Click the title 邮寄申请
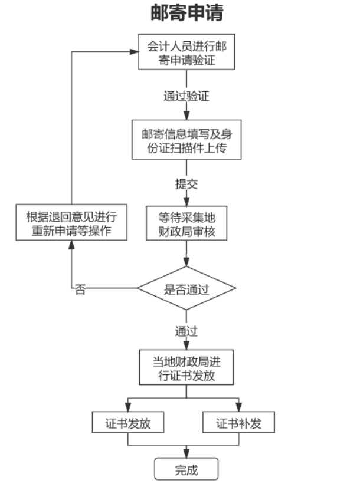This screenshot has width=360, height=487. click(186, 12)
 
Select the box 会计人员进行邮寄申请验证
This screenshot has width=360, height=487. click(186, 52)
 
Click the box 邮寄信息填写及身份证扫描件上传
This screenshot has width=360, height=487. click(186, 140)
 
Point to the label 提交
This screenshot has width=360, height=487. click(186, 183)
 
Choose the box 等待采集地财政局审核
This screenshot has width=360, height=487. click(186, 223)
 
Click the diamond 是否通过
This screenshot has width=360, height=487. click(186, 289)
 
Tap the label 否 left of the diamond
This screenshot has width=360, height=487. click(80, 289)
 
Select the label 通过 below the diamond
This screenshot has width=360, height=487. click(186, 331)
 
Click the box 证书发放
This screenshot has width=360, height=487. click(128, 423)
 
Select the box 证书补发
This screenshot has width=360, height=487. click(238, 423)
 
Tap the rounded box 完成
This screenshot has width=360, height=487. click(186, 469)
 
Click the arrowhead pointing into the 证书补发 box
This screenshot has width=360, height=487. click(238, 409)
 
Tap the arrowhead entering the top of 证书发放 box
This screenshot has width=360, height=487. click(128, 409)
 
